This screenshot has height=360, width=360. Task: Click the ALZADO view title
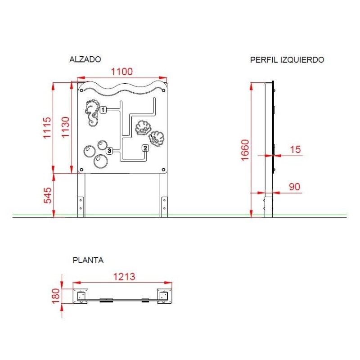[85, 59]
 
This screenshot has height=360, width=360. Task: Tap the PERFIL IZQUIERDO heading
[287, 60]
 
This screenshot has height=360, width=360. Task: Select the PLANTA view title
[88, 260]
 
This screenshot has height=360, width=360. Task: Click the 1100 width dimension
[121, 72]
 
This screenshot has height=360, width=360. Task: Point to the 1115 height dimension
[47, 128]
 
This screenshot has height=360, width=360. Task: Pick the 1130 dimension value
[65, 127]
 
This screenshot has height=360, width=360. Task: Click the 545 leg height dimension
[48, 195]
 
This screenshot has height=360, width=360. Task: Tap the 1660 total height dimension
[245, 150]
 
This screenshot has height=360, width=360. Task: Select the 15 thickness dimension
[295, 149]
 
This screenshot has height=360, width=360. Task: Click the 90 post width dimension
[295, 187]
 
